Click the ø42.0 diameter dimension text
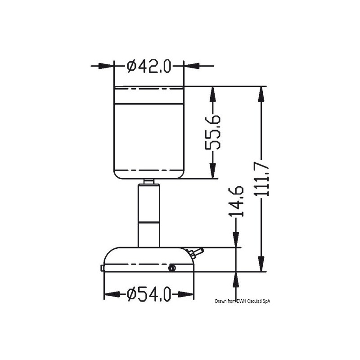click(149, 66)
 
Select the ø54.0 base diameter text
click(149, 295)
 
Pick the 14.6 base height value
click(237, 201)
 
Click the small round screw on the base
click(171, 268)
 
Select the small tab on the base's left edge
click(103, 268)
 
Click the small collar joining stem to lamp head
click(148, 181)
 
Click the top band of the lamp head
click(148, 95)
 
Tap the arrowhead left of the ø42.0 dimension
click(108, 66)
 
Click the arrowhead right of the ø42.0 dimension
click(189, 66)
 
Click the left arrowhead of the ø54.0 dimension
click(109, 295)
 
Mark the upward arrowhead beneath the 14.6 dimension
click(235, 277)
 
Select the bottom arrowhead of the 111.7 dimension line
click(261, 266)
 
